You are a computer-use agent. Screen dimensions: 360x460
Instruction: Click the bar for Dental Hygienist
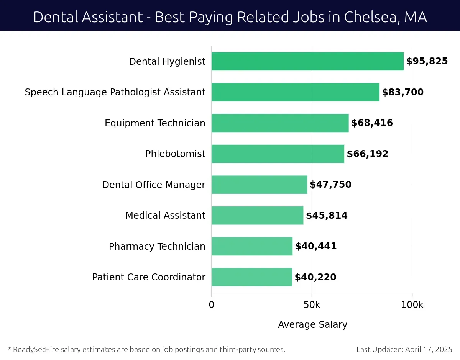pyautogui.click(x=307, y=61)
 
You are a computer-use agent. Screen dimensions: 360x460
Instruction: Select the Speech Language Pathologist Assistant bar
pyautogui.click(x=295, y=92)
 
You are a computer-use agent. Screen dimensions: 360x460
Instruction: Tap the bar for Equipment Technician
pyautogui.click(x=280, y=123)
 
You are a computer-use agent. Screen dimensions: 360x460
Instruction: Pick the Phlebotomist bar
pyautogui.click(x=278, y=154)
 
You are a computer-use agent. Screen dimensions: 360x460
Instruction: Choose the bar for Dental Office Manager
pyautogui.click(x=259, y=185)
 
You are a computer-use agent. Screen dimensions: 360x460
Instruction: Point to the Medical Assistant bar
pyautogui.click(x=257, y=216)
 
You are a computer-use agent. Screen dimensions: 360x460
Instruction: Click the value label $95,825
pyautogui.click(x=427, y=61)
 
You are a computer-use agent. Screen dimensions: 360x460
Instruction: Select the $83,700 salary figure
pyautogui.click(x=402, y=92)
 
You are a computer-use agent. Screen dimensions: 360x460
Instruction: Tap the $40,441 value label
pyautogui.click(x=315, y=246)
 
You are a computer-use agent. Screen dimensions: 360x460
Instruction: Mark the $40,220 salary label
pyautogui.click(x=315, y=277)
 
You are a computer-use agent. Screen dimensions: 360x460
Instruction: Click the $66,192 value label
pyautogui.click(x=367, y=154)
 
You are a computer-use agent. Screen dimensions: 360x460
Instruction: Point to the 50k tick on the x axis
pyautogui.click(x=312, y=305)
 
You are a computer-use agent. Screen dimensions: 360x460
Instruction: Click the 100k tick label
pyautogui.click(x=412, y=305)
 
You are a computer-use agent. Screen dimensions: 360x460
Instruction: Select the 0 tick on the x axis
pyautogui.click(x=212, y=305)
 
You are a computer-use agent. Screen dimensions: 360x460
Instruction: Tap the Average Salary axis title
pyautogui.click(x=312, y=325)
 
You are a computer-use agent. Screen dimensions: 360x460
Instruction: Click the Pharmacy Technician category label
pyautogui.click(x=157, y=246)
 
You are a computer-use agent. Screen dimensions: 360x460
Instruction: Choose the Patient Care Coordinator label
pyautogui.click(x=149, y=277)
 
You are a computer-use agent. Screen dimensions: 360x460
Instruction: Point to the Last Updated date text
pyautogui.click(x=404, y=349)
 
